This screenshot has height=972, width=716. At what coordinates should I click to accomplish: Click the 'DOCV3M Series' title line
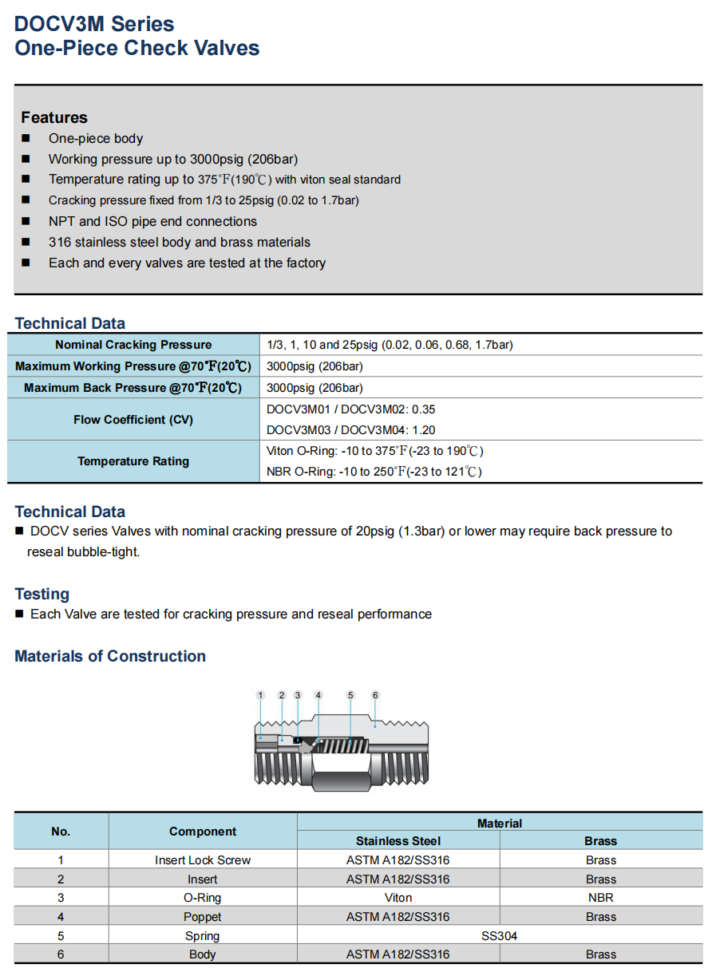[x=94, y=24]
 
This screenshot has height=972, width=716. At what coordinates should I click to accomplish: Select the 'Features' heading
[x=54, y=117]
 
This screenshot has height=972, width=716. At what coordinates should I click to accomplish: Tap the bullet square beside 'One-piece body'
[x=26, y=138]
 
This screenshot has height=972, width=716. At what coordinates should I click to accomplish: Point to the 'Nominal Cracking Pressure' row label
[x=133, y=345]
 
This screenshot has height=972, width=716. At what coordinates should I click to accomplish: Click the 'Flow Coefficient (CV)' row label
[x=133, y=420]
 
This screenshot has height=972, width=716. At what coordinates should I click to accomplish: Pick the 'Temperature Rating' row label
[x=133, y=460]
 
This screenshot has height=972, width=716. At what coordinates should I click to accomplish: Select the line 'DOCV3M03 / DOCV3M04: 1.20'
[x=350, y=430]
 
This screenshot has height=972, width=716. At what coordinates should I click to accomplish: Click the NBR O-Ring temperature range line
[x=374, y=472]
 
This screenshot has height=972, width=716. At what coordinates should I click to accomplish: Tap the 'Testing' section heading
[x=42, y=594]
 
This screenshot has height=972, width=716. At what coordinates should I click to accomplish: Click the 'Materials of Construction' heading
[x=110, y=656]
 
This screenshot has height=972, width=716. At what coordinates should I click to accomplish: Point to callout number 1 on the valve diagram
[x=260, y=695]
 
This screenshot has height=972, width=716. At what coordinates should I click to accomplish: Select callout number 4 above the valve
[x=318, y=695]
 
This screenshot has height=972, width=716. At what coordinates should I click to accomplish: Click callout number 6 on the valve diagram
[x=375, y=695]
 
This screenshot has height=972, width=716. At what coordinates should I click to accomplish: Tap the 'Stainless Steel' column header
[x=398, y=841]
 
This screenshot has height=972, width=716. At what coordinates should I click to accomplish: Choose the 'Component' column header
[x=203, y=832]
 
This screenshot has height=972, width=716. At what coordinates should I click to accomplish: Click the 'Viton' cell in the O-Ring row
[x=398, y=897]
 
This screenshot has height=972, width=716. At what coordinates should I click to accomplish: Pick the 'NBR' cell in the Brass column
[x=600, y=897]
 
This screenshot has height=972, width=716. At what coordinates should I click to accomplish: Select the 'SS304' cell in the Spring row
[x=499, y=935]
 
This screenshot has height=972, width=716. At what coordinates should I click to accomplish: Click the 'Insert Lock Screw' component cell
[x=203, y=860]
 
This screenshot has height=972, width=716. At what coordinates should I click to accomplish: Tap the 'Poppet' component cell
[x=202, y=916]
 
